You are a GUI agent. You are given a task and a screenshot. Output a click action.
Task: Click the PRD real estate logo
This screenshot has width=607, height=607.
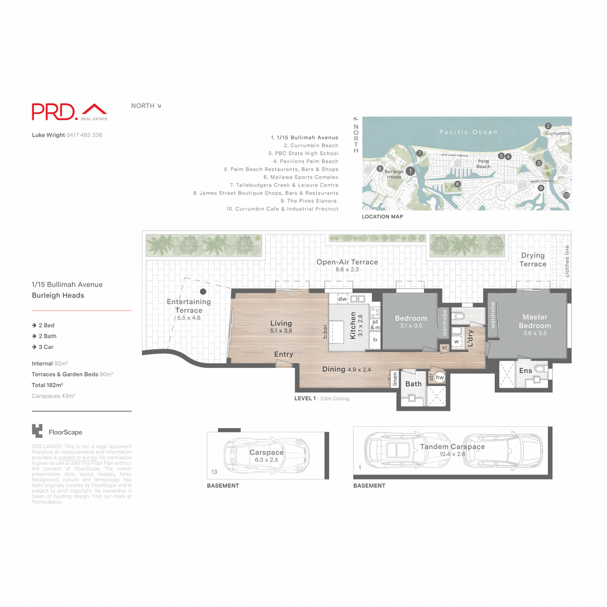pos(69,112)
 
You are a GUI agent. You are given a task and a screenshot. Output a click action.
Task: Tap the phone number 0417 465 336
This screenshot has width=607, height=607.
pos(84,135)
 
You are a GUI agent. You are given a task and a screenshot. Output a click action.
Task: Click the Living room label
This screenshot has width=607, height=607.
pos(281,323)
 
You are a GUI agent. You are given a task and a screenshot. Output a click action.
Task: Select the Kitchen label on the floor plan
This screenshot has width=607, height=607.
pos(353,325)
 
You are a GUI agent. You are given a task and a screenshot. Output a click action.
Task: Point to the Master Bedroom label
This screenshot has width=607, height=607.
pos(535,322)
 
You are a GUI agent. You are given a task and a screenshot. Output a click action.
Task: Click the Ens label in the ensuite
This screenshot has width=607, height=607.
pos(525,371)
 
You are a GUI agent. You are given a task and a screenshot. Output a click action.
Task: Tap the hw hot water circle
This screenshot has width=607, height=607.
pos(440,377)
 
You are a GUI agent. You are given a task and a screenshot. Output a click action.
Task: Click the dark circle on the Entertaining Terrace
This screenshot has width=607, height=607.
pos(203,291)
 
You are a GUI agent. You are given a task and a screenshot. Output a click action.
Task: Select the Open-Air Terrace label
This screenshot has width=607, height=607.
pos(347,262)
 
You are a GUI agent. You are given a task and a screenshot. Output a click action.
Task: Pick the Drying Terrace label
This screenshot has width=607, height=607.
pos(533,259)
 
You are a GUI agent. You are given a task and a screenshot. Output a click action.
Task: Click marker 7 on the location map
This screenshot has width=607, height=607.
pos(419,153)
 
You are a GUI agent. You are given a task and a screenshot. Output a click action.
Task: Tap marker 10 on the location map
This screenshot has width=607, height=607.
pos(566,195)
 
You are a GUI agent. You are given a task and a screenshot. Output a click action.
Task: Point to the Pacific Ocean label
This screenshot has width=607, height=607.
pos(468,132)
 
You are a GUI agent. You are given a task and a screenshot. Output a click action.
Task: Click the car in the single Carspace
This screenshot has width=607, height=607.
pos(267,456)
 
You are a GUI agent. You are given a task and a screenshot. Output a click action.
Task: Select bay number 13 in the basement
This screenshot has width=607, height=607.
pos(214,472)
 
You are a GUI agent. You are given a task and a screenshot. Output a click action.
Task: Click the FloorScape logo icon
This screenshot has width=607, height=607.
pos(37,431)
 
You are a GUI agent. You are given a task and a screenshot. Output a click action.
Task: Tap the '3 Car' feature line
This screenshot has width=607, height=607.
pos(46,347)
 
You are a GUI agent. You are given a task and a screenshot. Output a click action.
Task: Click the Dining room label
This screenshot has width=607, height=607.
pos(334,369)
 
